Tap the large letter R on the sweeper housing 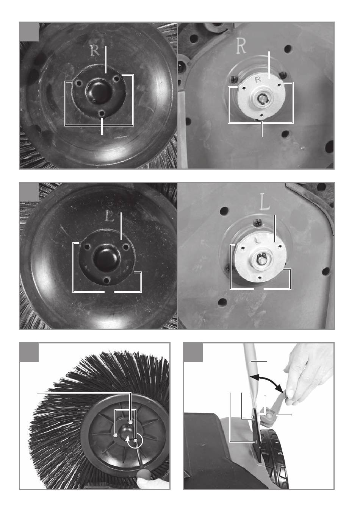pos(241,46)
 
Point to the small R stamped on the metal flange pos(258,80)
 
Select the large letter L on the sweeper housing pos(265,204)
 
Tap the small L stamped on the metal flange pos(257,240)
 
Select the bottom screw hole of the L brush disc pos(106,280)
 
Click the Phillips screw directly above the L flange pos(258,223)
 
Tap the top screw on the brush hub pos(130,422)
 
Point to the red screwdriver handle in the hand pos(143,475)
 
